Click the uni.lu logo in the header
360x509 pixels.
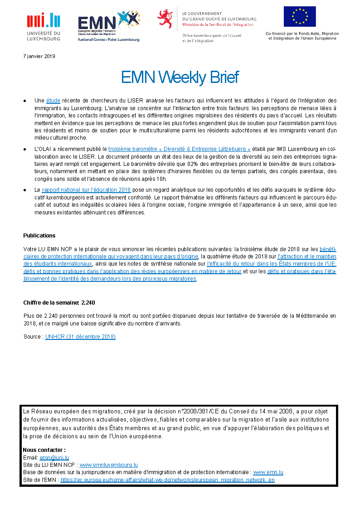pyautogui.click(x=44, y=26)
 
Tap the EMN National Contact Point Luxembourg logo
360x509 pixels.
pyautogui.click(x=108, y=26)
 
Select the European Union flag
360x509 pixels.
pyautogui.click(x=300, y=17)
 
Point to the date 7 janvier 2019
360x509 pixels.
pyautogui.click(x=39, y=56)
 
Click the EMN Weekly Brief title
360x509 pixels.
pyautogui.click(x=180, y=78)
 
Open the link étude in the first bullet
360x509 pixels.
pyautogui.click(x=53, y=100)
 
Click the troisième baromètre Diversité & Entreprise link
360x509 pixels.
pyautogui.click(x=180, y=149)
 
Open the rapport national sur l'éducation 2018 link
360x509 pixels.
pyautogui.click(x=86, y=190)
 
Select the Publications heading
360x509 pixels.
pyautogui.click(x=39, y=236)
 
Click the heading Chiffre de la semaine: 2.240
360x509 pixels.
pyautogui.click(x=59, y=303)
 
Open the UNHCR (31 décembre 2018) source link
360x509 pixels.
pyautogui.click(x=80, y=337)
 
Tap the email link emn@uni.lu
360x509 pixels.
pyautogui.click(x=54, y=458)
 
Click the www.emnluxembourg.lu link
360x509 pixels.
pyautogui.click(x=108, y=465)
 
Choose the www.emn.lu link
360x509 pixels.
pyautogui.click(x=268, y=472)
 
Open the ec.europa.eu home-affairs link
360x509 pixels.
pyautogui.click(x=167, y=480)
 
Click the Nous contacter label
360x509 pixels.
pyautogui.click(x=44, y=450)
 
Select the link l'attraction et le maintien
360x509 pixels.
pyautogui.click(x=306, y=256)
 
